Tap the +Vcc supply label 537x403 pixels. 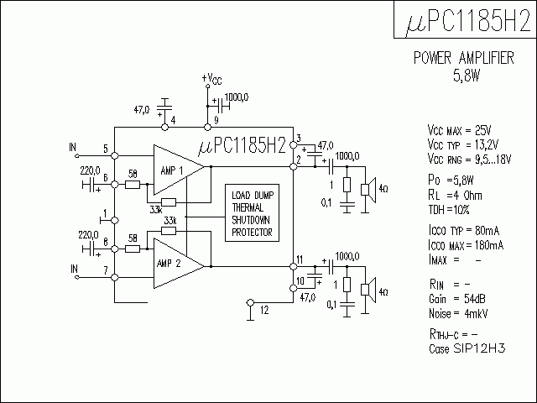click(x=212, y=80)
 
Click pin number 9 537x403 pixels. click(x=216, y=120)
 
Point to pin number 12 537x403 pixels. click(x=265, y=311)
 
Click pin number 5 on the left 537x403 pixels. click(x=105, y=149)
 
